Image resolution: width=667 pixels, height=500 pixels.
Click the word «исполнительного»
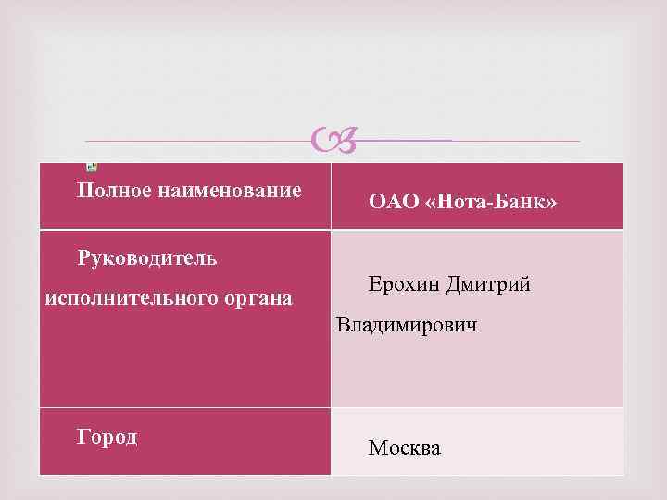[x=129, y=298]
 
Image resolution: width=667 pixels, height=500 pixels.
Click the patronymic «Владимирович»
[x=408, y=325]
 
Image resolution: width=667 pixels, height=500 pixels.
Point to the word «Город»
[x=107, y=437]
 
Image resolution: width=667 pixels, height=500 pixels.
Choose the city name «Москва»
[x=405, y=448]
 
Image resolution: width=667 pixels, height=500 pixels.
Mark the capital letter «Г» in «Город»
[x=83, y=437]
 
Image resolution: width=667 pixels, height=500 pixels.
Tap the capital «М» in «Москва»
[x=377, y=448]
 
